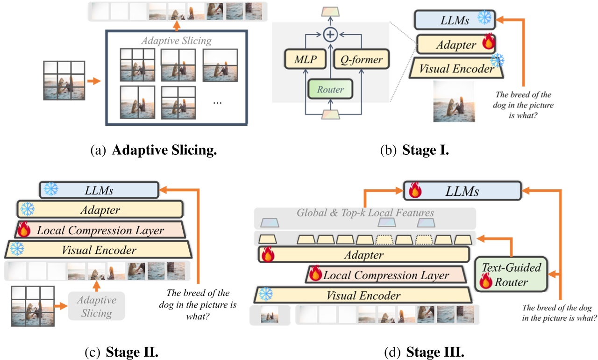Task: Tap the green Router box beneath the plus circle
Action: click(331, 89)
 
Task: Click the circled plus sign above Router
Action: click(331, 34)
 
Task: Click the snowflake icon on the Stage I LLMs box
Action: click(484, 18)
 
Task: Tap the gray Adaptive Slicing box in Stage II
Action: click(96, 306)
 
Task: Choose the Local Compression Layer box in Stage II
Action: click(100, 230)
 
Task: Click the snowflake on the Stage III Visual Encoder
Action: click(265, 295)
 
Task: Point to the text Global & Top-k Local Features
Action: click(365, 213)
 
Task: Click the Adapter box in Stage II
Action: click(100, 210)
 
